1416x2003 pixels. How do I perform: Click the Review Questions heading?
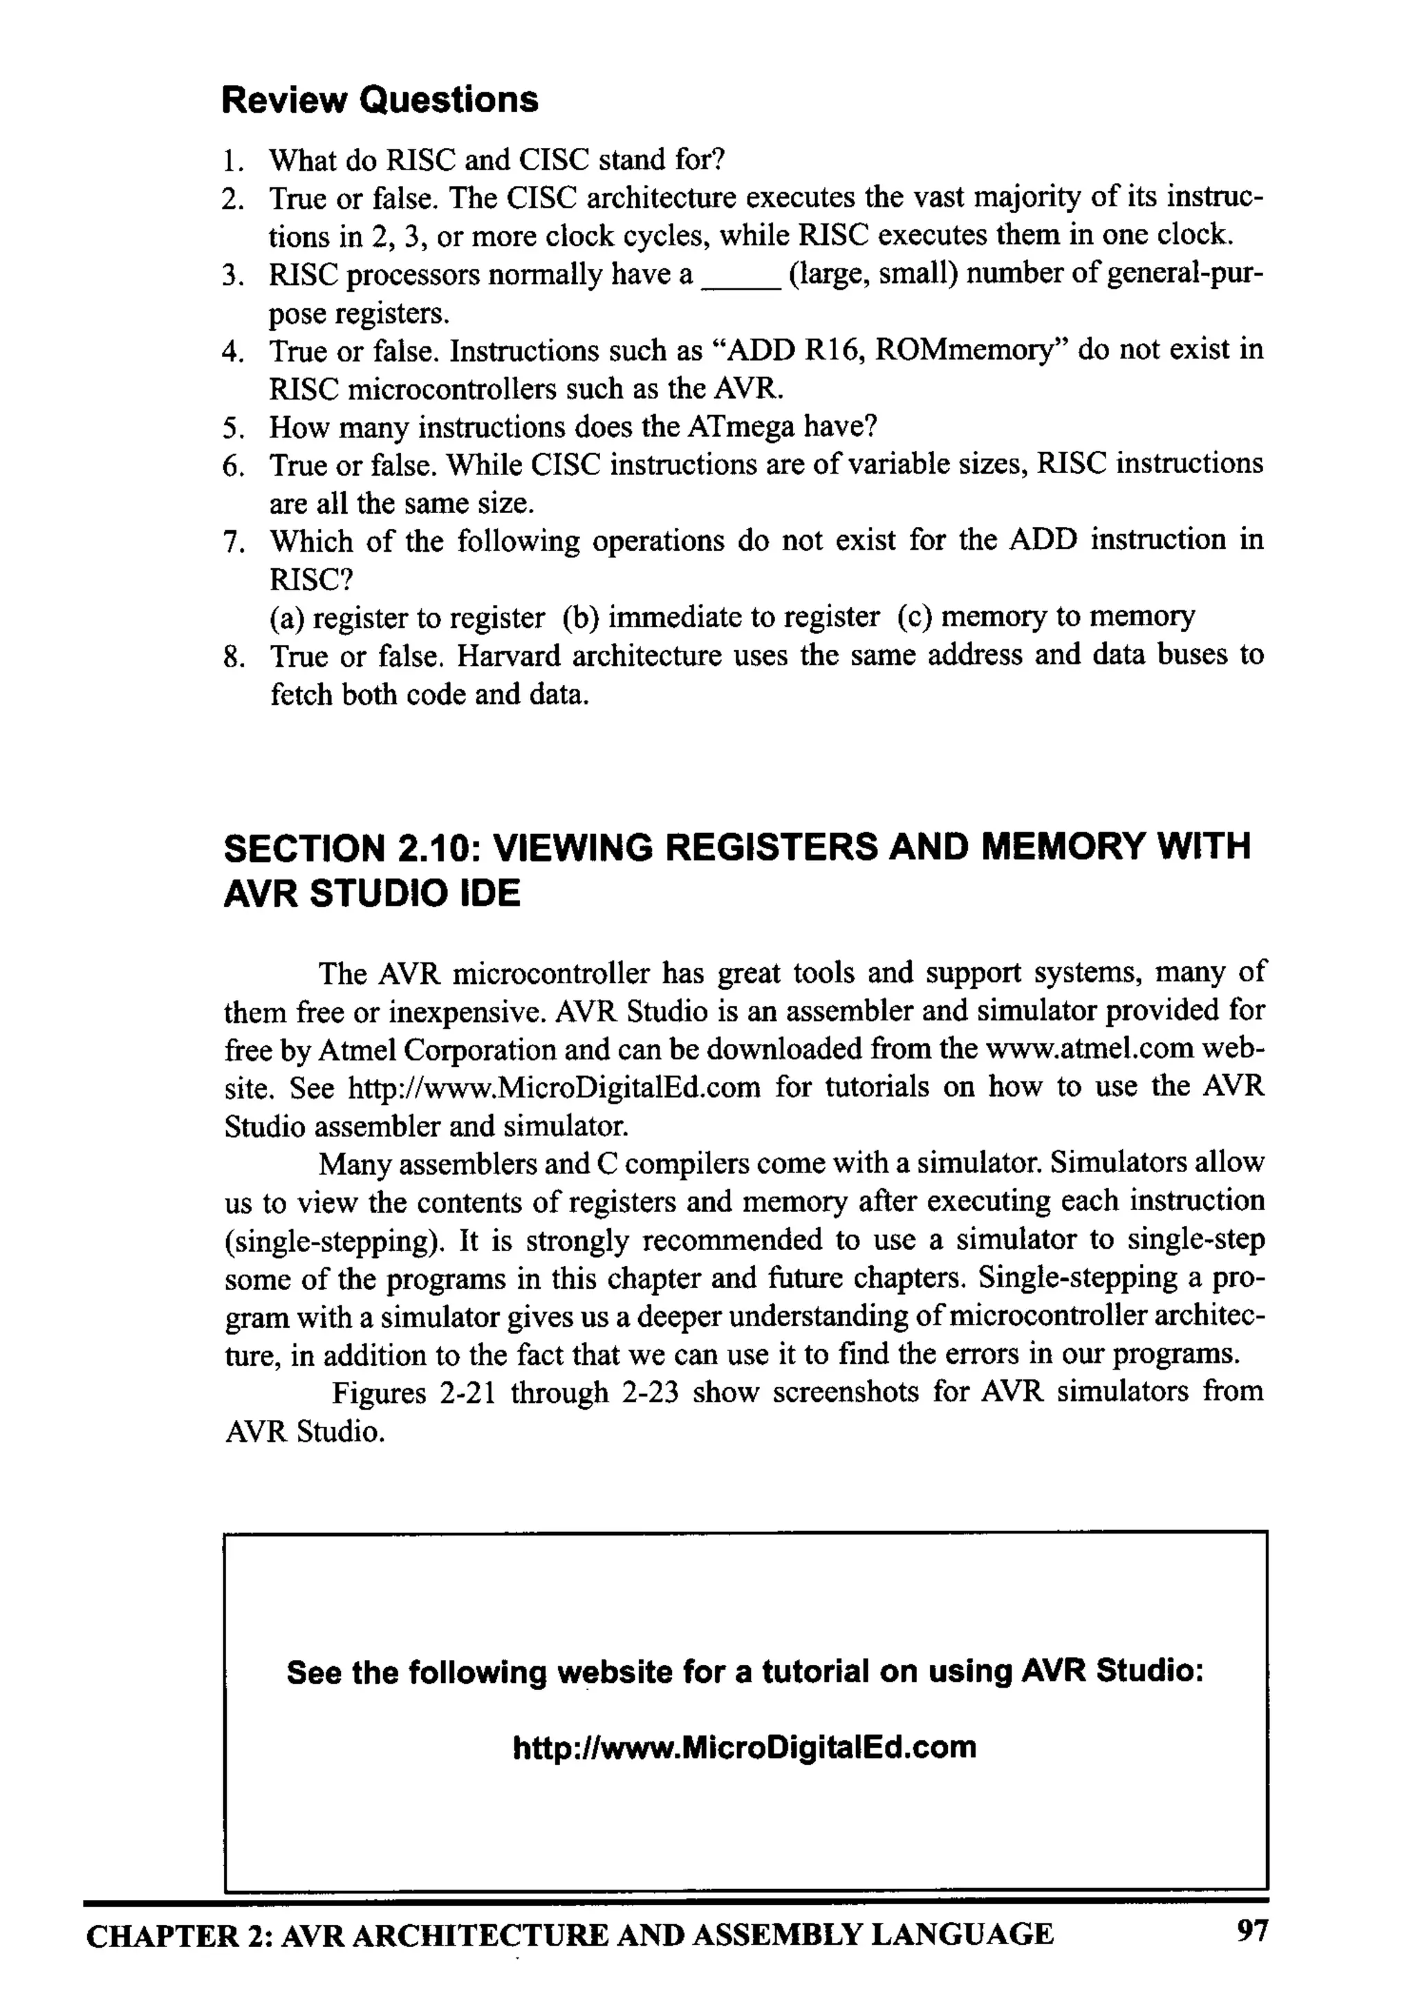point(380,100)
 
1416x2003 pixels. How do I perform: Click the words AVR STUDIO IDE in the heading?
point(372,893)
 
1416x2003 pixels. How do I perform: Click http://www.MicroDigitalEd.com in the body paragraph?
point(553,1087)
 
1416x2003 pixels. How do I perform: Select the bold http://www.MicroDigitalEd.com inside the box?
point(744,1747)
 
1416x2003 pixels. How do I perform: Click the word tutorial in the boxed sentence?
point(815,1672)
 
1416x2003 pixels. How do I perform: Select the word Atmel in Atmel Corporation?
point(351,1049)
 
